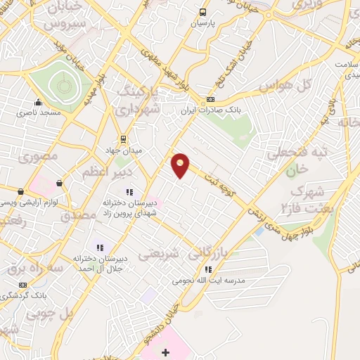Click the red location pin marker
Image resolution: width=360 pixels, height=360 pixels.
pyautogui.click(x=181, y=165)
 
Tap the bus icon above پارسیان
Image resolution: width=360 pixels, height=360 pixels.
pyautogui.click(x=203, y=11)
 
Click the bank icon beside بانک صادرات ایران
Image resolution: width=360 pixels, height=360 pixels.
pyautogui.click(x=210, y=99)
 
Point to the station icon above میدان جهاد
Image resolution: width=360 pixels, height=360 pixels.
pyautogui.click(x=124, y=139)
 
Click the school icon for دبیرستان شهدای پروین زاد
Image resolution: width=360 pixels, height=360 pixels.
pyautogui.click(x=129, y=191)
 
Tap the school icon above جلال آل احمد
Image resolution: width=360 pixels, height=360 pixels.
pyautogui.click(x=100, y=247)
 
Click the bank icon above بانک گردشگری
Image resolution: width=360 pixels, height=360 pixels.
pyautogui.click(x=24, y=285)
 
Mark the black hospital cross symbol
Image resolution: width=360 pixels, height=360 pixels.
pyautogui.click(x=165, y=352)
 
